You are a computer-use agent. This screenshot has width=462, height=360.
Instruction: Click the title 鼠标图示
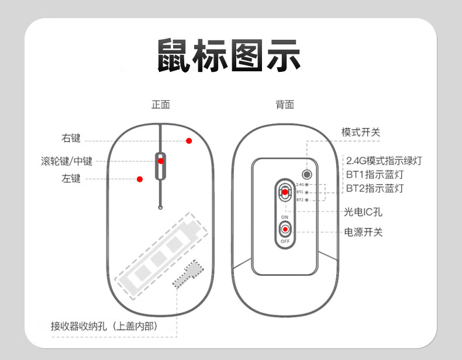[x=229, y=57]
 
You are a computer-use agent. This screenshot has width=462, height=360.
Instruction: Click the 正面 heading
[x=160, y=105]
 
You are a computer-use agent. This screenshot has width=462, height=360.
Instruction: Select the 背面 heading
[x=285, y=105]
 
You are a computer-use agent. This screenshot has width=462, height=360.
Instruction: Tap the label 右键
[x=71, y=139]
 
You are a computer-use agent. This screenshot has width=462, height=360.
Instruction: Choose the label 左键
[x=71, y=178]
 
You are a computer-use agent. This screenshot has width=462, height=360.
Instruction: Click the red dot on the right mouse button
[x=189, y=141]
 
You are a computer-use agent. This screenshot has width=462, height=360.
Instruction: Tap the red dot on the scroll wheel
[x=161, y=161]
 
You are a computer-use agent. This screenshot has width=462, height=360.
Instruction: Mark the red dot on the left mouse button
[x=139, y=179]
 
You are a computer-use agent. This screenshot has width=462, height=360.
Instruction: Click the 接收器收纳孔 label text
[x=104, y=326]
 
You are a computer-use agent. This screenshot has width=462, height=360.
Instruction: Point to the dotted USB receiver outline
[x=189, y=274]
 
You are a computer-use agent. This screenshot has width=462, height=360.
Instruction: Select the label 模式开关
[x=360, y=132]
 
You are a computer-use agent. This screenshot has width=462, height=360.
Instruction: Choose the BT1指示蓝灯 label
[x=374, y=174]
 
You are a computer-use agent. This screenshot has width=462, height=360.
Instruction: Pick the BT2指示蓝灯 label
[x=374, y=188]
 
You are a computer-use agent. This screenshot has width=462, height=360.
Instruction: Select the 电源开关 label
[x=363, y=232]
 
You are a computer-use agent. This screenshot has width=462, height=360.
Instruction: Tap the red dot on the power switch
[x=285, y=229]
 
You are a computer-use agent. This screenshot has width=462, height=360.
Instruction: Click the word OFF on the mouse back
[x=285, y=241]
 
